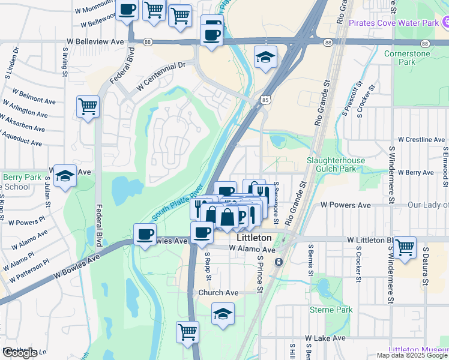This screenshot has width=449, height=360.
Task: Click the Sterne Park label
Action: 325,310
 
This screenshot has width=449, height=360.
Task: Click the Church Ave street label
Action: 218,293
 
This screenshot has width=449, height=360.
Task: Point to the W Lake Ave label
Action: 325,338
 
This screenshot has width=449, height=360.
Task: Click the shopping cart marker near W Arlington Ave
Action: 88,107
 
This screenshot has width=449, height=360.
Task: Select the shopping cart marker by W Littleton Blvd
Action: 406,247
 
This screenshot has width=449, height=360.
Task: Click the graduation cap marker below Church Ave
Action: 223,313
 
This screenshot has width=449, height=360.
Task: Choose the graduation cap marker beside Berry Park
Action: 65,175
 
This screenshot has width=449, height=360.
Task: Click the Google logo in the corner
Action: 20,353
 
